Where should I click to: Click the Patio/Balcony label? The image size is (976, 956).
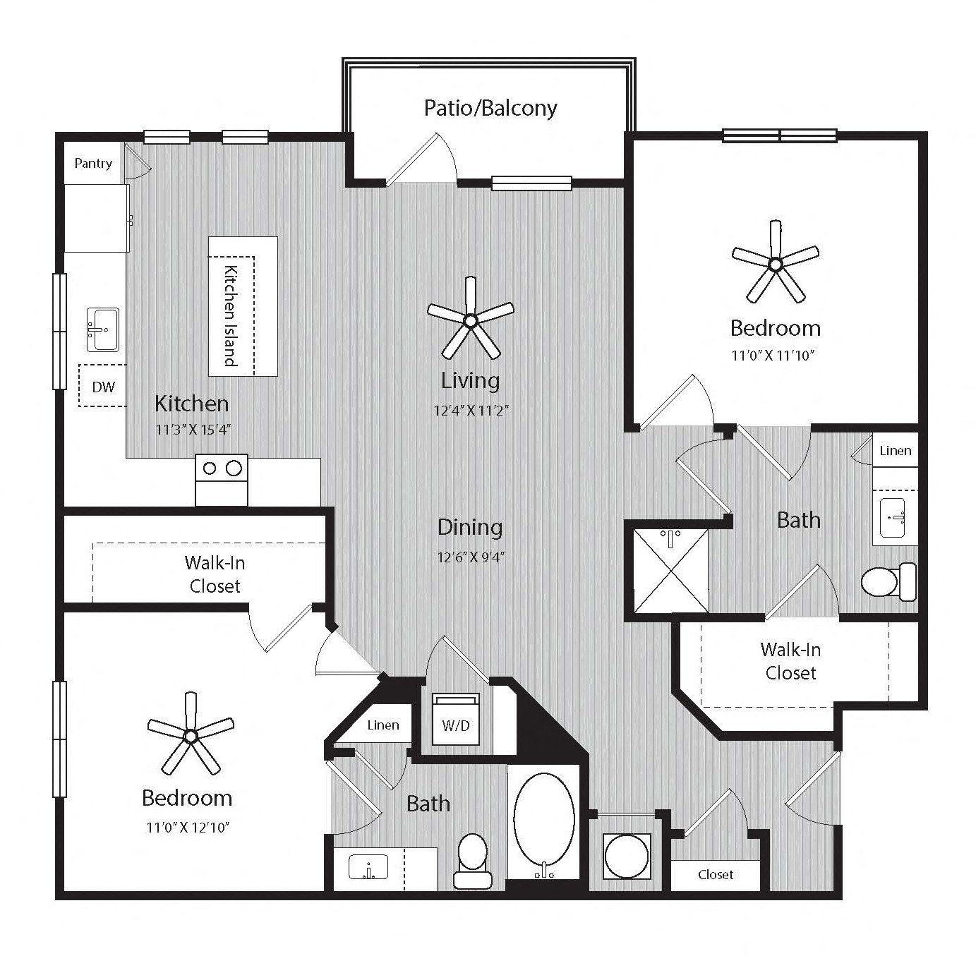490,109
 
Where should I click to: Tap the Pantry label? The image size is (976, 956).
93,163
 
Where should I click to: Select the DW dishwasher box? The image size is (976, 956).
103,385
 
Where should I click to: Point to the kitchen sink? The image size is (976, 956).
103,329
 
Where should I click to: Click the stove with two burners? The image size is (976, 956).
222,480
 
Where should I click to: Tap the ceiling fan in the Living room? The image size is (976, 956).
471,319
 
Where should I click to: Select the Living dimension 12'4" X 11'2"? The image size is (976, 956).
471,410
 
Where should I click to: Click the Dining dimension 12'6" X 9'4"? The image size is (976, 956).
471,557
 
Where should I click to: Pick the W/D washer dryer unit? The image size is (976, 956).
455,718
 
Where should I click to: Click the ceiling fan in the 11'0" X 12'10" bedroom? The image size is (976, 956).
191,734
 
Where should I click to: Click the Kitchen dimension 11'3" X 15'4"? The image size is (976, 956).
193,430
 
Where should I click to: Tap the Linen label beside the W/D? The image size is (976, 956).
383,725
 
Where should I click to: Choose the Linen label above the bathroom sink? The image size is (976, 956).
895,450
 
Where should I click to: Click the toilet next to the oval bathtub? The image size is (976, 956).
473,860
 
